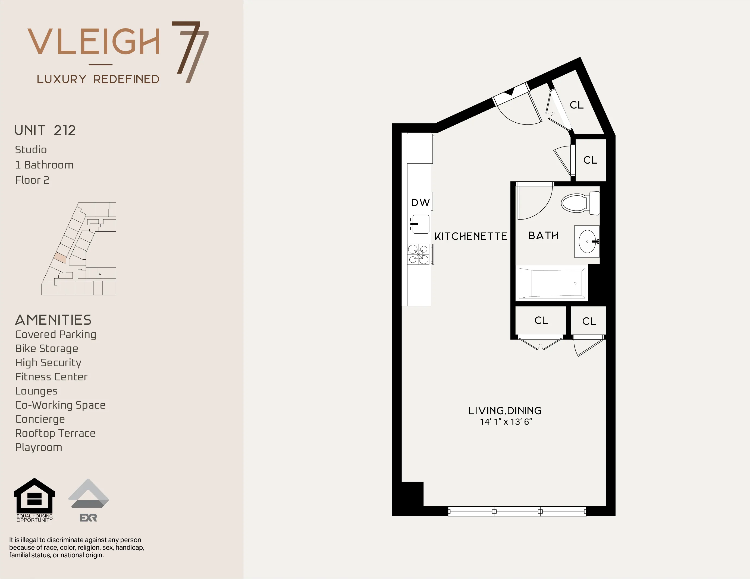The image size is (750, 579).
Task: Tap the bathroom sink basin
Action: [587, 241]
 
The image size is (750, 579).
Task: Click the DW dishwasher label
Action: [420, 203]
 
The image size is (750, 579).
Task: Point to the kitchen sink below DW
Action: [420, 224]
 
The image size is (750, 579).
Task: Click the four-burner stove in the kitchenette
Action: [418, 254]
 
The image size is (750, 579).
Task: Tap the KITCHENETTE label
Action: [470, 236]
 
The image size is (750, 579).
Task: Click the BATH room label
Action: [543, 236]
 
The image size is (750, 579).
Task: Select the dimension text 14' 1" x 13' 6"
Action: [506, 422]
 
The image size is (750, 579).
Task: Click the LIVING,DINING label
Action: [505, 411]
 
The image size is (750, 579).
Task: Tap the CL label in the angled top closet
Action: [577, 105]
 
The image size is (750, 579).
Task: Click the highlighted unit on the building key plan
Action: [60, 257]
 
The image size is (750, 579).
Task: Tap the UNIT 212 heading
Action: [45, 130]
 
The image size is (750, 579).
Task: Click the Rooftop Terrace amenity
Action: [55, 433]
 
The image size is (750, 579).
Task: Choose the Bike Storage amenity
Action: [47, 348]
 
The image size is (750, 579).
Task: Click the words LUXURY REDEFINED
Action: [98, 79]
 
